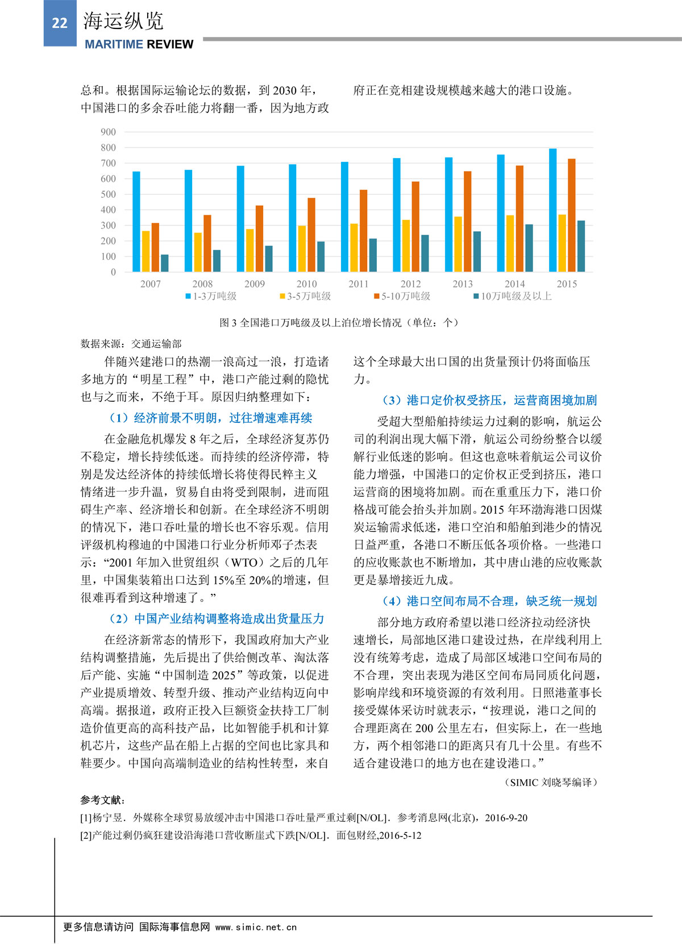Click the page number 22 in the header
(60, 23)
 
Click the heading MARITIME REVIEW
(139, 44)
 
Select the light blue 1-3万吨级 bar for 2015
(552, 210)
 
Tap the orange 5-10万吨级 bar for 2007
(155, 247)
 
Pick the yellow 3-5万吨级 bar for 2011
(354, 247)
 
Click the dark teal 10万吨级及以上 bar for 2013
(477, 251)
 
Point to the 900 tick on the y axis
(108, 132)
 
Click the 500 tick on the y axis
(108, 194)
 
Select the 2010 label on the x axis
(306, 284)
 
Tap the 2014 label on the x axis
(514, 284)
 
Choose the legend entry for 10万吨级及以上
(511, 296)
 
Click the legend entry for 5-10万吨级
(402, 296)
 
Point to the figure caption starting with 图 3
(339, 323)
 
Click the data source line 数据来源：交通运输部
(131, 344)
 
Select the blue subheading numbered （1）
(210, 418)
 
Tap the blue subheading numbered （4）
(489, 601)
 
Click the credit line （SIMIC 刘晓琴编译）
(551, 782)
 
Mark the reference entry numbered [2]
(251, 835)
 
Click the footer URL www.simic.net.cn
(256, 927)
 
